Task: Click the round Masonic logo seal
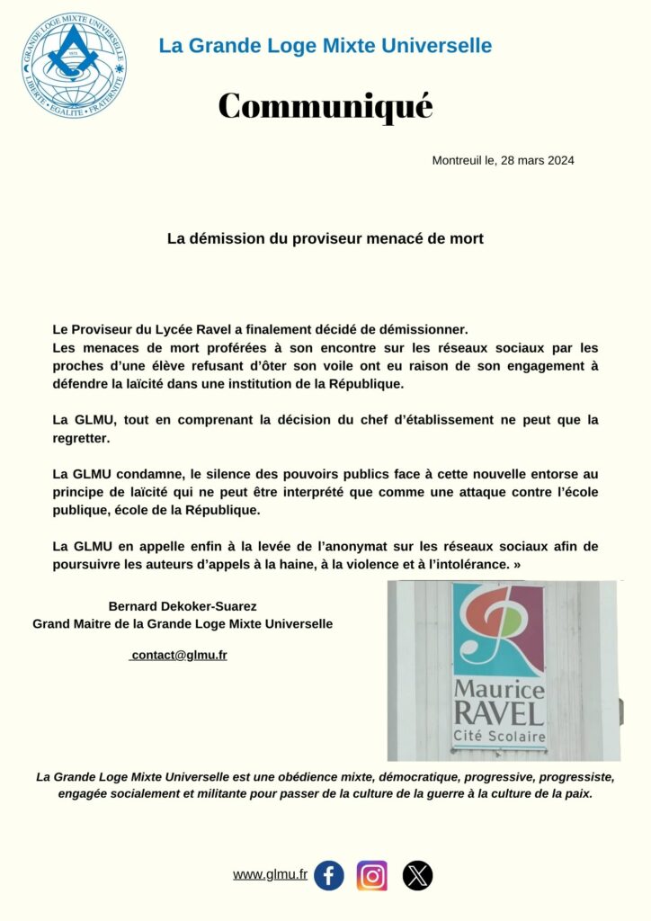coord(74,65)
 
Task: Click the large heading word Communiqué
coord(325,106)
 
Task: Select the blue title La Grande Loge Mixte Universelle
coord(325,45)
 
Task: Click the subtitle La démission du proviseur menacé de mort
coord(325,239)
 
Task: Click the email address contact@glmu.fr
coord(179,655)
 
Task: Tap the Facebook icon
coord(329,875)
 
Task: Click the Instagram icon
coord(372,875)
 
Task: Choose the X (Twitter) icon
coord(417,875)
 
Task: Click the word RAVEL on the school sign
coord(499,713)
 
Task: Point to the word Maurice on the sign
coord(499,690)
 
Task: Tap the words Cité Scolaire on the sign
coord(499,737)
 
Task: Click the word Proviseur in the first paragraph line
coord(117,329)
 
